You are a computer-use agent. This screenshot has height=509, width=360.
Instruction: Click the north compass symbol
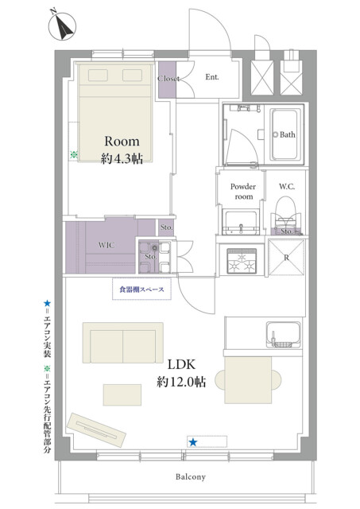click(62, 26)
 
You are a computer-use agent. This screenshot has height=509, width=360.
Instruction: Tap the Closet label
click(168, 79)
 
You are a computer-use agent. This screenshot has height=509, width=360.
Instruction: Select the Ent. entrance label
click(212, 77)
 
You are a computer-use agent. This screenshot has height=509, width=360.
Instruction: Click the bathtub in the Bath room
click(285, 134)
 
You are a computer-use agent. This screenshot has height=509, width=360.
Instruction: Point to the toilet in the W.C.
click(286, 214)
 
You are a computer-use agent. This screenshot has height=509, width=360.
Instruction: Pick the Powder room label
click(243, 191)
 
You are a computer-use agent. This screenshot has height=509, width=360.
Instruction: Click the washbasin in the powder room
click(241, 222)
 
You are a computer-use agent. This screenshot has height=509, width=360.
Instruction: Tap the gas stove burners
click(241, 262)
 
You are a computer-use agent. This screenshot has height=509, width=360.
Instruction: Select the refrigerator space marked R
click(286, 258)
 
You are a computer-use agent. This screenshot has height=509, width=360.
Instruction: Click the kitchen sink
click(283, 334)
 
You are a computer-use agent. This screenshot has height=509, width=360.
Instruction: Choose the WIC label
click(106, 245)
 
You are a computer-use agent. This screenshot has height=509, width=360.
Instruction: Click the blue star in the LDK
click(193, 442)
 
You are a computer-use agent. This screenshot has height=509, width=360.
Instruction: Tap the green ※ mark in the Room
click(74, 154)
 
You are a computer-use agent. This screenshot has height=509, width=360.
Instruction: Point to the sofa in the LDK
click(123, 343)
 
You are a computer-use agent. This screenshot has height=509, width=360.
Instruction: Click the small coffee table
click(122, 394)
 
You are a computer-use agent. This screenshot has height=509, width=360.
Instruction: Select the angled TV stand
click(96, 430)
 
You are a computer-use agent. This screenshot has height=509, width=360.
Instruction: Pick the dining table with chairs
click(248, 380)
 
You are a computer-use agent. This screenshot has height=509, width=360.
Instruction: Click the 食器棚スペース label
click(141, 289)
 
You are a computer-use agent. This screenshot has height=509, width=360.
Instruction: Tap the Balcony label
click(191, 477)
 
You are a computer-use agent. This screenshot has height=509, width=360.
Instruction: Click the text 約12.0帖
click(181, 382)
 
